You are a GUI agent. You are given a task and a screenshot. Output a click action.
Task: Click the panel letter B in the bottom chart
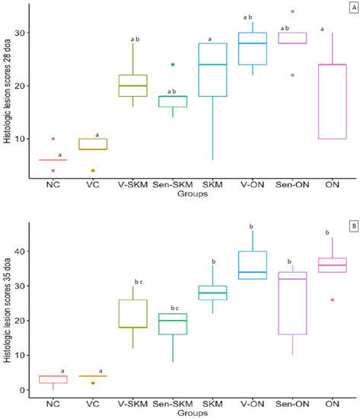(347, 227)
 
